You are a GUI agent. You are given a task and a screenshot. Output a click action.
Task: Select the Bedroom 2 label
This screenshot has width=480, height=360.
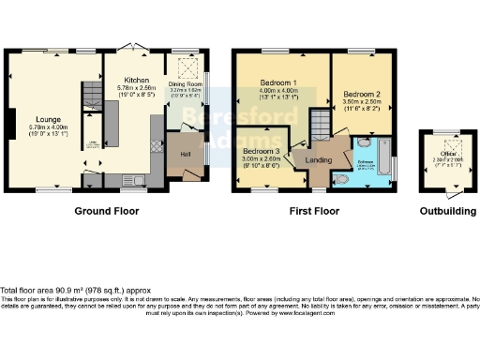[x=361, y=95]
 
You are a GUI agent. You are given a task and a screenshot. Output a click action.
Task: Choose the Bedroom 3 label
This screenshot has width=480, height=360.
[x=261, y=151]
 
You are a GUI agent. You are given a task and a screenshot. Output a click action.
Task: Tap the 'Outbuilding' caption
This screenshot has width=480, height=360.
[x=445, y=212]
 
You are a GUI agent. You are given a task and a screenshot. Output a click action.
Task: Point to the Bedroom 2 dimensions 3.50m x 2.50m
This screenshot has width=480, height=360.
[x=361, y=103]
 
